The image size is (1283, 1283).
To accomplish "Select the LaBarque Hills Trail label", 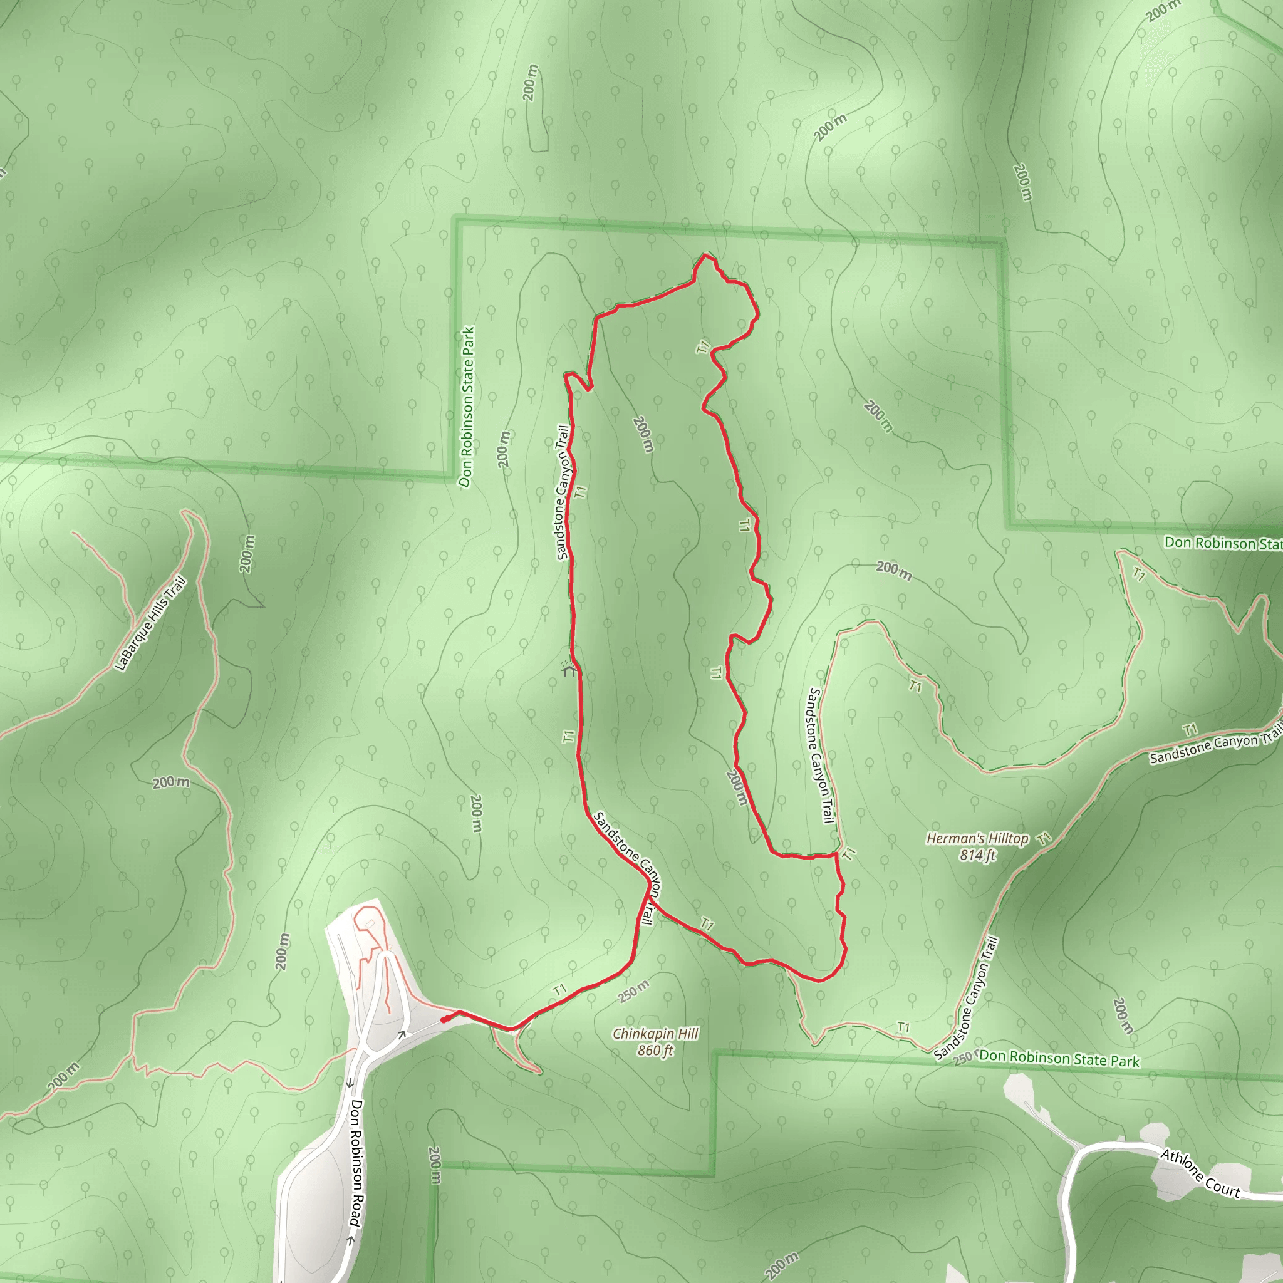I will coord(150,624).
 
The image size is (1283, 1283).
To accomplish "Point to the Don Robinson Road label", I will coord(356,1163).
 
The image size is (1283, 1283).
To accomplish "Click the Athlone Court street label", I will coord(1200,1173).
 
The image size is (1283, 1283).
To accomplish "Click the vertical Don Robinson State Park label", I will coord(467,407).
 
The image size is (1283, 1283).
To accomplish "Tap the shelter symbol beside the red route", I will coord(568,670).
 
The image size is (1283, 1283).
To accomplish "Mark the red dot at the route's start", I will coord(444,1020).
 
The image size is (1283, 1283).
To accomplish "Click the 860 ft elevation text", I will coord(655,1051).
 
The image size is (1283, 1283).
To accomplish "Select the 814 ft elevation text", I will coord(977,855).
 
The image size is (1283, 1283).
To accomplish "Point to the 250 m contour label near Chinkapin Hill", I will coord(634,991).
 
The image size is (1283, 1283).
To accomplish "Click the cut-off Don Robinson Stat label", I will coord(1223,543).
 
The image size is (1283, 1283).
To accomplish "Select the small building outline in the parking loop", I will coord(369,924).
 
